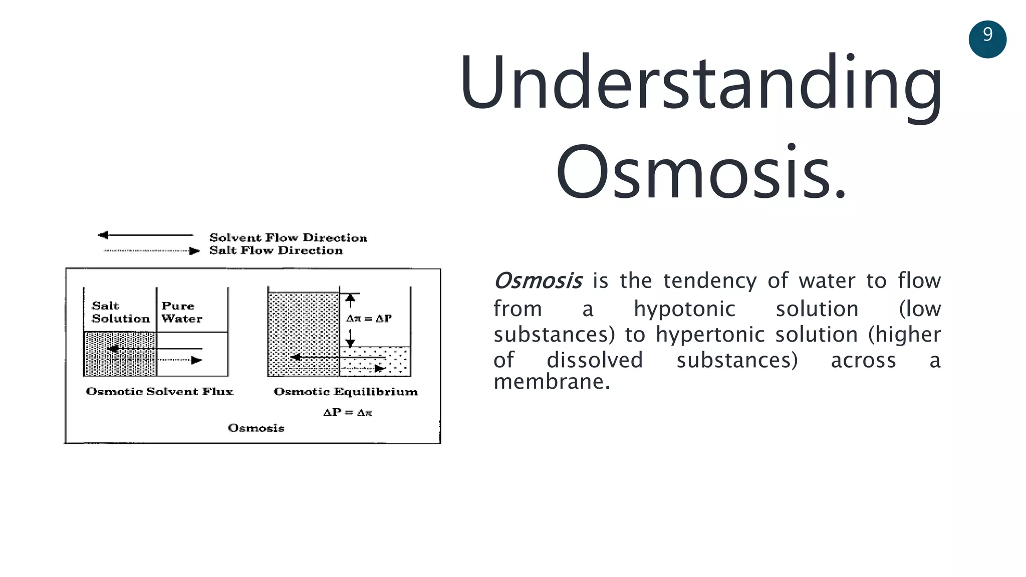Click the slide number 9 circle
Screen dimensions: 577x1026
(x=987, y=39)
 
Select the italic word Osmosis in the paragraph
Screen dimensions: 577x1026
(x=538, y=281)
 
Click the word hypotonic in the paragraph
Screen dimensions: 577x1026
(x=684, y=309)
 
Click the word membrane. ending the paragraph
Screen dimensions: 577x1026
(x=552, y=382)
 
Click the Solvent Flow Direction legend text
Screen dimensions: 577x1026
(x=288, y=237)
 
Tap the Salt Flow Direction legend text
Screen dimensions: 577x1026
(x=276, y=250)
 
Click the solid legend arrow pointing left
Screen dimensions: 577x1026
(x=145, y=235)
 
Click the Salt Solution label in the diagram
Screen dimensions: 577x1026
(x=120, y=312)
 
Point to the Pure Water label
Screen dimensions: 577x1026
(x=181, y=312)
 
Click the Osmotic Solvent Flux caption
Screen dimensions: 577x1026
(x=159, y=392)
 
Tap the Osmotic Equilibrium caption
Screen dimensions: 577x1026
(x=346, y=392)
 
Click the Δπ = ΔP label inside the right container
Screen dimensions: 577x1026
(x=369, y=319)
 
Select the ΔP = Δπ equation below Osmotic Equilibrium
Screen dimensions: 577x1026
(x=347, y=413)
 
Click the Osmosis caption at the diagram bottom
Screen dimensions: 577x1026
(x=255, y=428)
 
